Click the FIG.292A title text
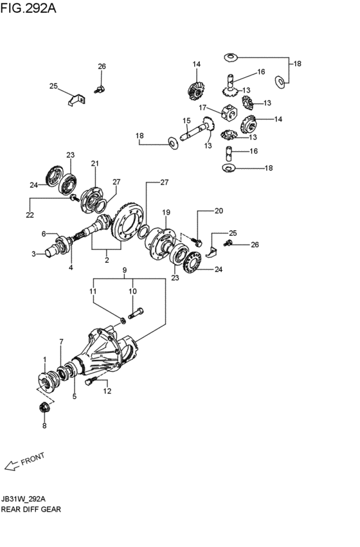click(x=28, y=8)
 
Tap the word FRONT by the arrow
click(x=33, y=459)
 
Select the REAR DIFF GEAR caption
click(x=31, y=509)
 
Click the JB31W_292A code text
click(x=23, y=499)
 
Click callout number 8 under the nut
click(x=44, y=426)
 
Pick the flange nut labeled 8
click(x=44, y=408)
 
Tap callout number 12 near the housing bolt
click(x=107, y=391)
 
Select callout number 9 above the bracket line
click(x=125, y=270)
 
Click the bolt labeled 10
click(x=136, y=313)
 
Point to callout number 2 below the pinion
click(x=107, y=260)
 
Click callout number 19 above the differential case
click(x=166, y=212)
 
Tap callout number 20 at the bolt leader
click(x=219, y=211)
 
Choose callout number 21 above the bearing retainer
click(x=95, y=163)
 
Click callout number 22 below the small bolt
click(x=30, y=215)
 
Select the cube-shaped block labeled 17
click(x=230, y=113)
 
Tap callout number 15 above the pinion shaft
click(x=186, y=121)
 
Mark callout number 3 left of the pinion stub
click(x=33, y=255)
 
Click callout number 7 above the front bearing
click(x=62, y=341)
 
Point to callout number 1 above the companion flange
click(x=44, y=359)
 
